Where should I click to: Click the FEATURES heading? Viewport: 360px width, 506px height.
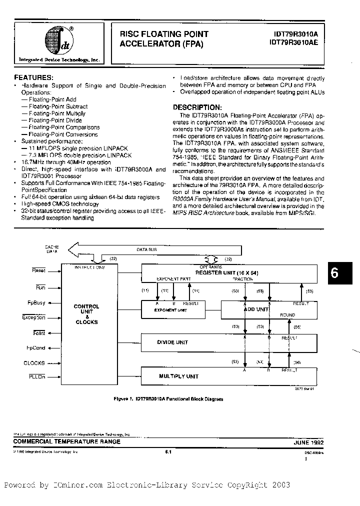33,78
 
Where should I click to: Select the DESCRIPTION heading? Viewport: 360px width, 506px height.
196,107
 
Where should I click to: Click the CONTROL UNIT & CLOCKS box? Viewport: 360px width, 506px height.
86,314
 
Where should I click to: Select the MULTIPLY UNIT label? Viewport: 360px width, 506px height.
178,376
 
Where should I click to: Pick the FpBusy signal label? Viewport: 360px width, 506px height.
36,303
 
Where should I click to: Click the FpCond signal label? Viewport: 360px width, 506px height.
35,348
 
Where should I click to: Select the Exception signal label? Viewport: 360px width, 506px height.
33,317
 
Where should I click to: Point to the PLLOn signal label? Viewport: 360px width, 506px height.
36,376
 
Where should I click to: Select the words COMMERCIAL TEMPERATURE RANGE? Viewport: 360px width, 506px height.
61,442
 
